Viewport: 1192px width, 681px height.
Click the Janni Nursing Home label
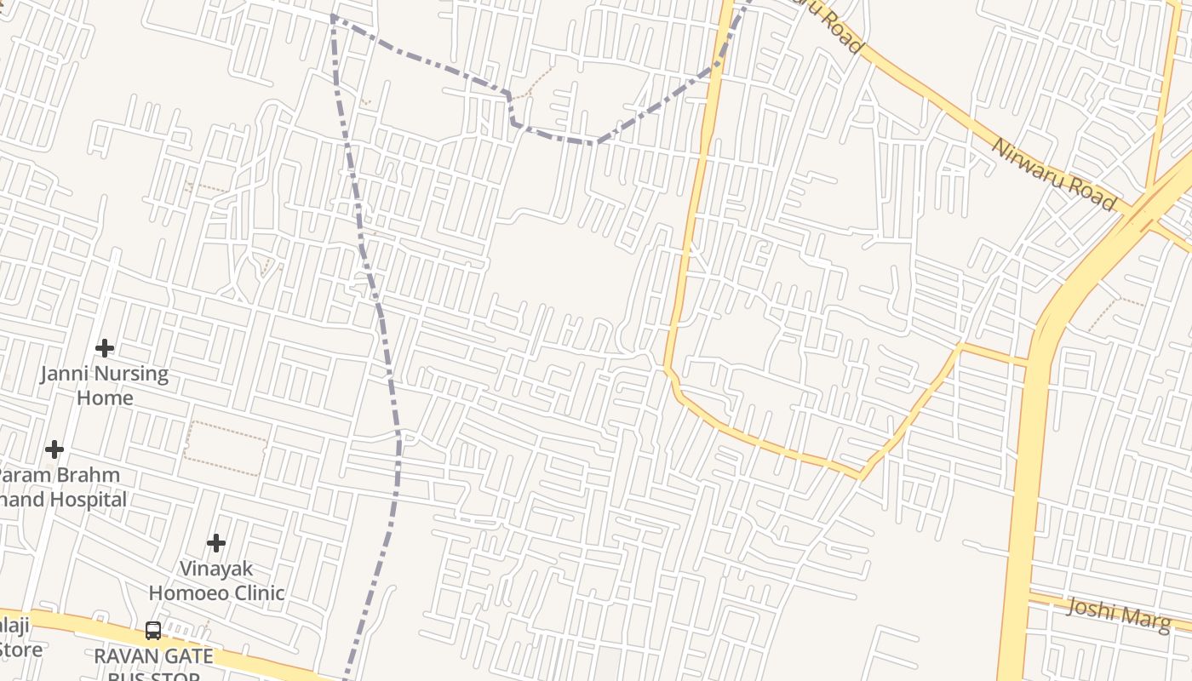pos(105,386)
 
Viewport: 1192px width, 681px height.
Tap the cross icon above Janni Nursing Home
pos(105,348)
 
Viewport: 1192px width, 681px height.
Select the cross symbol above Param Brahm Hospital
pos(54,449)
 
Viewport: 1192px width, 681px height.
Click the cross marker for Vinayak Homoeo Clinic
pos(216,542)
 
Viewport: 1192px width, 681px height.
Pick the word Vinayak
pos(216,568)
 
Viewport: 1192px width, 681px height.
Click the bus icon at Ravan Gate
pos(153,631)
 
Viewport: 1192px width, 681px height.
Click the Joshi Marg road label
pos(1118,614)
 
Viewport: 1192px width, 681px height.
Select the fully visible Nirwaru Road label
pos(1053,174)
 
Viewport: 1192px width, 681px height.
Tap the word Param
pos(24,474)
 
